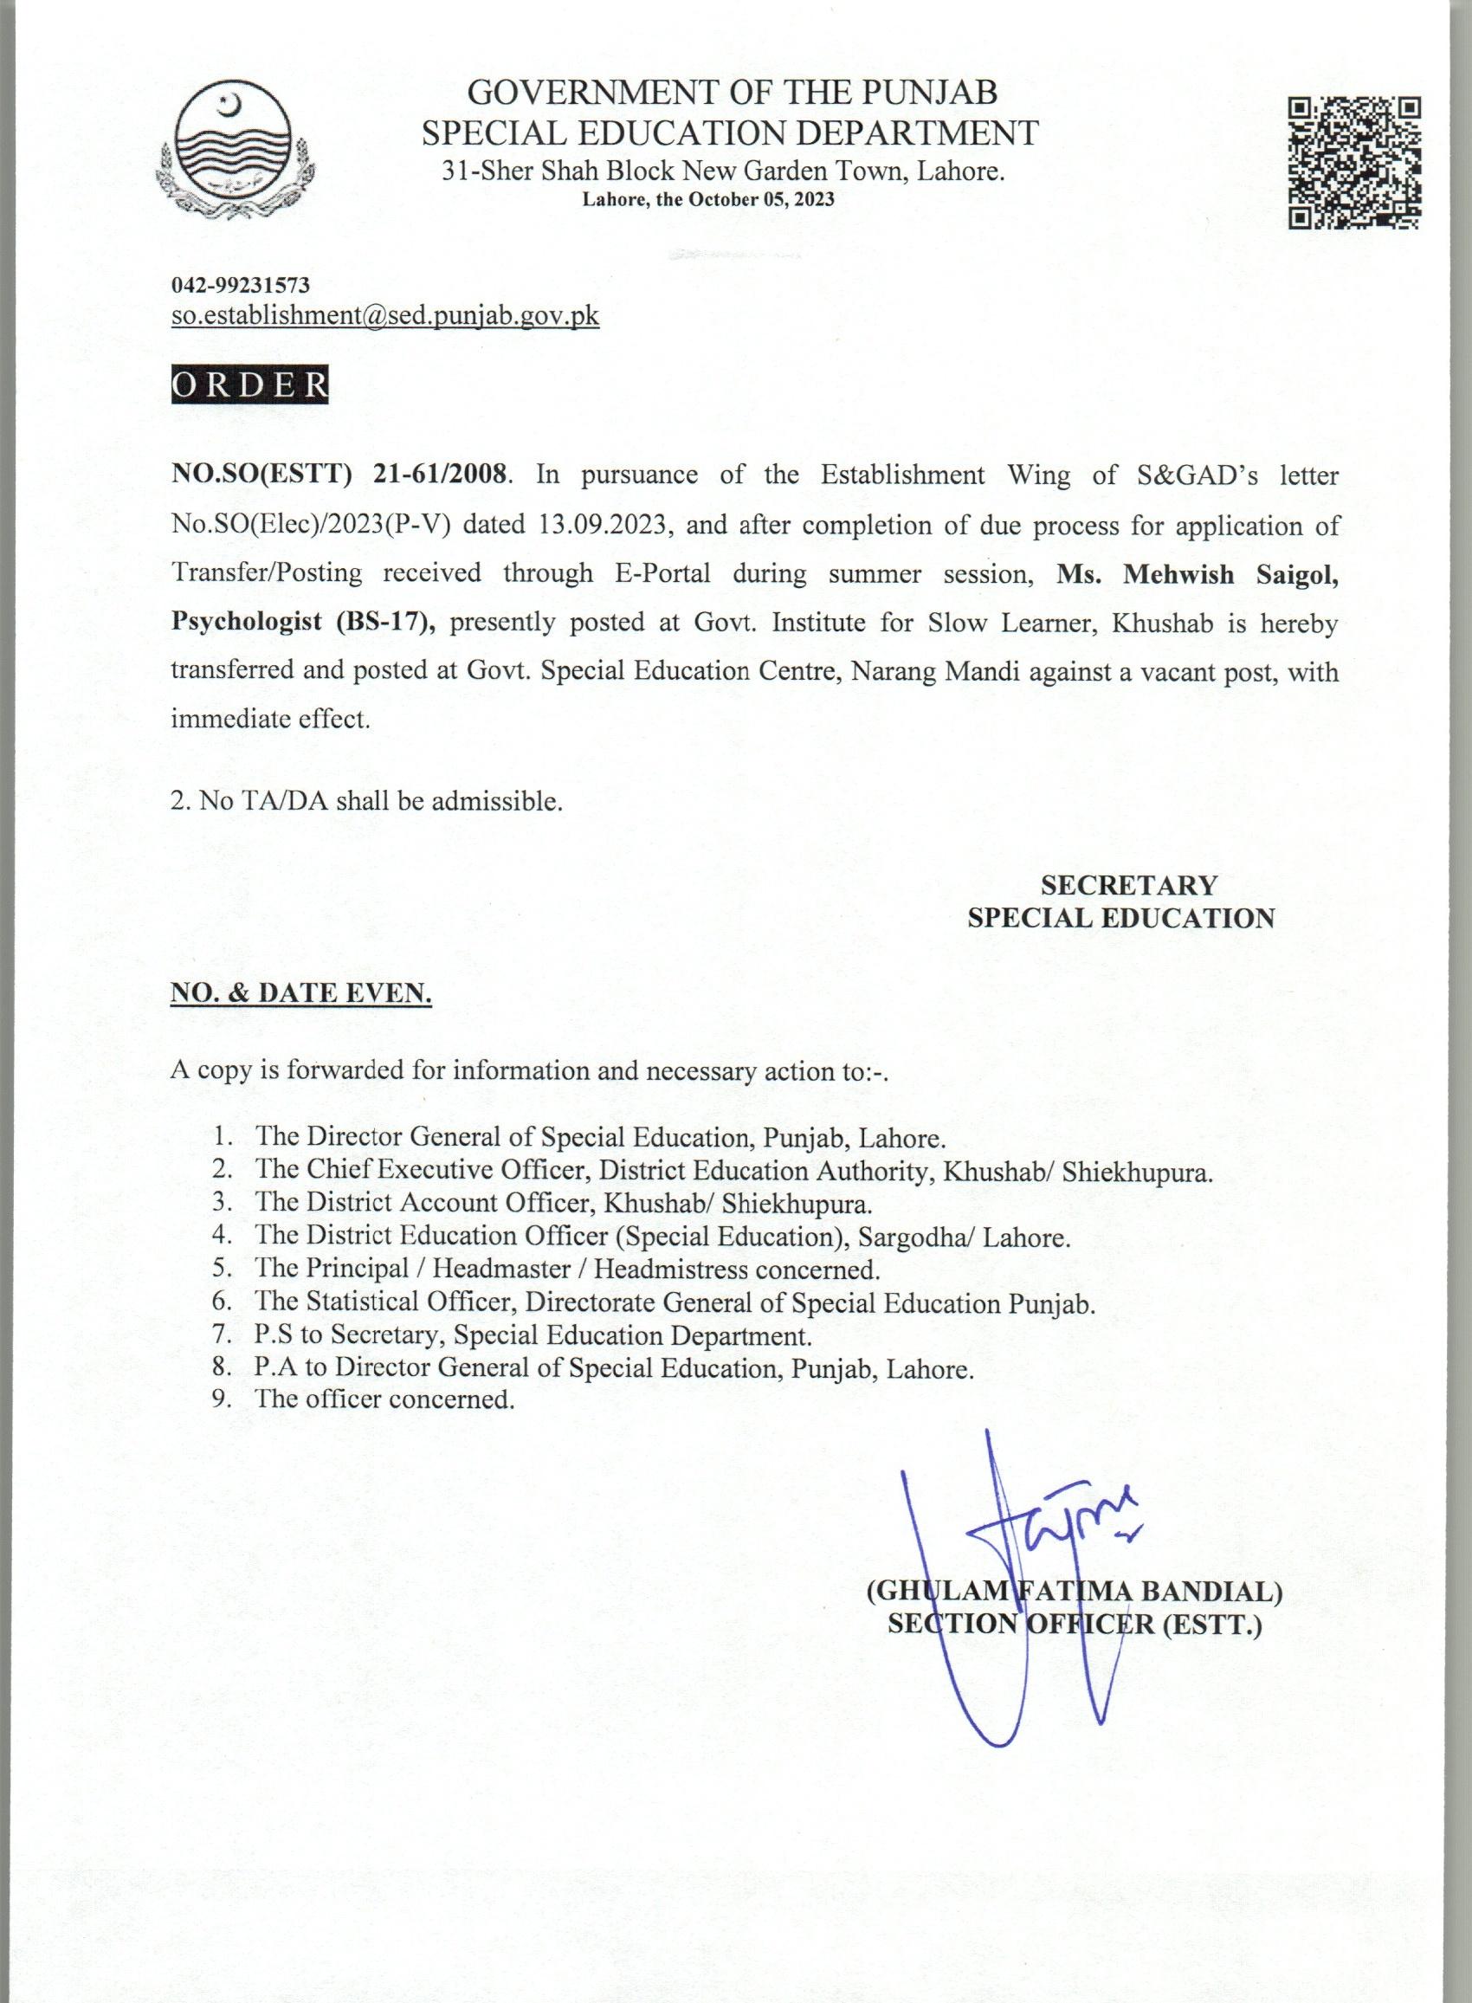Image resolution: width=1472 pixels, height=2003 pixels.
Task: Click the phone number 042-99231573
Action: pyautogui.click(x=241, y=285)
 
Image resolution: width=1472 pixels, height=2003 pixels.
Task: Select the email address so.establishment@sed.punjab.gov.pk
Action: pyautogui.click(x=385, y=316)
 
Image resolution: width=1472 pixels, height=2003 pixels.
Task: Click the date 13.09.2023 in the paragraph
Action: pyautogui.click(x=604, y=525)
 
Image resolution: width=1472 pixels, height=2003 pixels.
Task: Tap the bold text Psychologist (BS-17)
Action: pyautogui.click(x=302, y=622)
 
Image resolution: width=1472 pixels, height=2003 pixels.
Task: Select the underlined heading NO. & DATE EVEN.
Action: pyautogui.click(x=301, y=994)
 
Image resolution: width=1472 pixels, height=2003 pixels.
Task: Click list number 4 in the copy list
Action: pyautogui.click(x=222, y=1237)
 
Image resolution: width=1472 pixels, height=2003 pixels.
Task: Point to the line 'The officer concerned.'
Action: pyautogui.click(x=385, y=1399)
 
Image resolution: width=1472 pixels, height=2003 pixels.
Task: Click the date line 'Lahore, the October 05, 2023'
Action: pyautogui.click(x=708, y=199)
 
